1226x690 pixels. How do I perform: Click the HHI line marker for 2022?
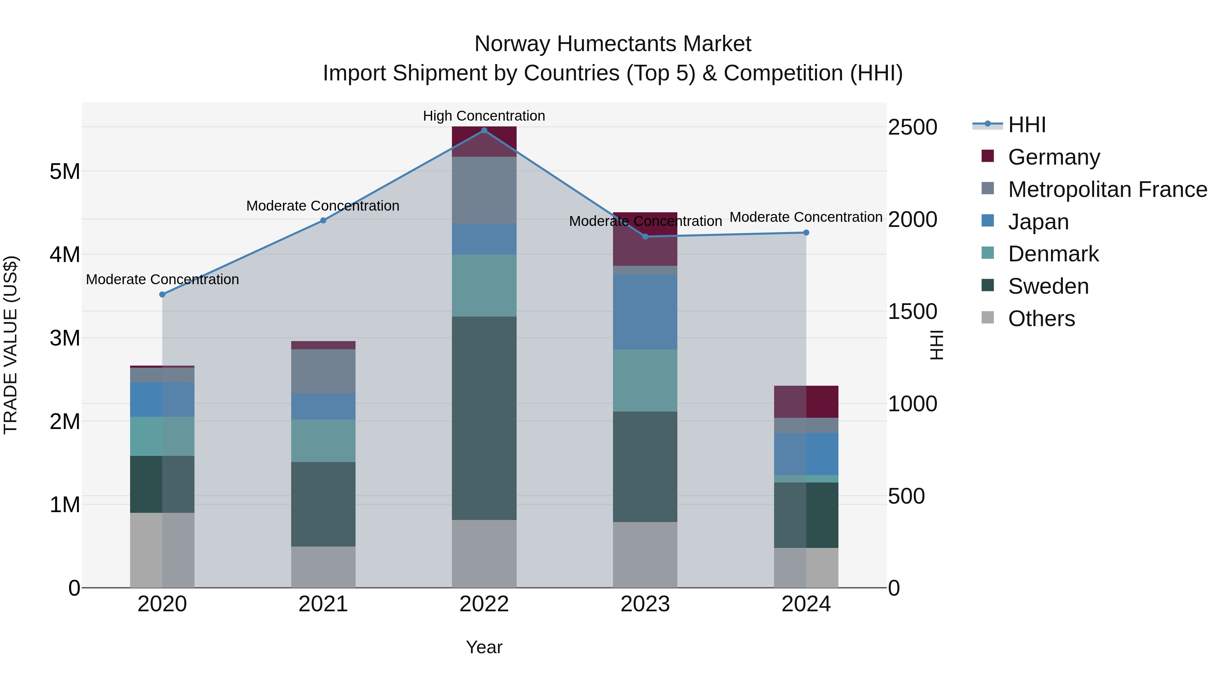(x=484, y=131)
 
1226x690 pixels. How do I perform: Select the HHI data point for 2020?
(x=162, y=295)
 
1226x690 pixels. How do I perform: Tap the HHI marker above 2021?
(x=323, y=220)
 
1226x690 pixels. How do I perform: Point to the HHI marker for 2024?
(x=806, y=233)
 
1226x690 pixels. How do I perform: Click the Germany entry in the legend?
(x=1054, y=157)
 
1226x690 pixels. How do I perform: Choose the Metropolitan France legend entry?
(x=1107, y=189)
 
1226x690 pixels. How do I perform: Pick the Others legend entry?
(x=1041, y=319)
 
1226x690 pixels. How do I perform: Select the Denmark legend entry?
(x=1053, y=254)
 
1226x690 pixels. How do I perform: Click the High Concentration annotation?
(x=484, y=116)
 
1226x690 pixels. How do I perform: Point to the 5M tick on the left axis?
(x=65, y=171)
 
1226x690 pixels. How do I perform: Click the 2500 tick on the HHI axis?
(x=912, y=128)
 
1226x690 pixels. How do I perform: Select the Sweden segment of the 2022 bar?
(x=484, y=418)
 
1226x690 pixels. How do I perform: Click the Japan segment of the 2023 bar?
(x=645, y=312)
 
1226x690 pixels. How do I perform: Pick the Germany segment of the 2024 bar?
(x=806, y=402)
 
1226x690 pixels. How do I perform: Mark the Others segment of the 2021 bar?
(x=323, y=567)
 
